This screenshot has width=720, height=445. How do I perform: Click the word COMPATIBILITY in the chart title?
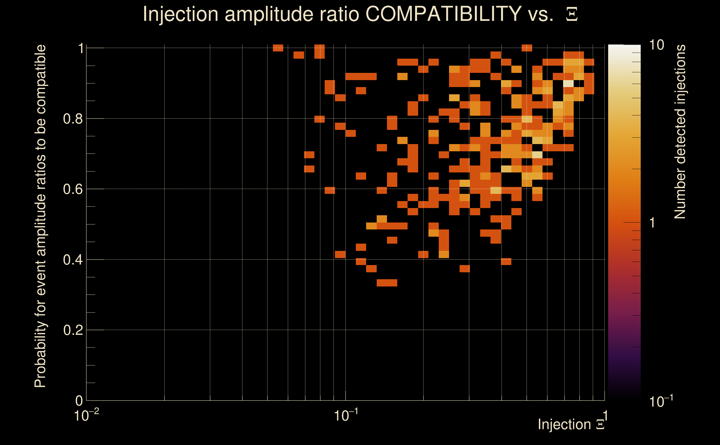point(443,14)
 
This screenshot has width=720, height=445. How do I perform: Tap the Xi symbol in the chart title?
point(572,14)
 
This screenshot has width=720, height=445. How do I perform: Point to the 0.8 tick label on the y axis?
point(72,119)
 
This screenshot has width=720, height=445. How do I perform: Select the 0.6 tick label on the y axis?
point(72,189)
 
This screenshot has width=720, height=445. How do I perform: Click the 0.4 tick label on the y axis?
point(72,260)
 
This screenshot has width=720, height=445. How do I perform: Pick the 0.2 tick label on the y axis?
point(72,330)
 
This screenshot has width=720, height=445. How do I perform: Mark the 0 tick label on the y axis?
point(79,400)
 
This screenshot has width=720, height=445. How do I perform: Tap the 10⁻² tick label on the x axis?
point(86,416)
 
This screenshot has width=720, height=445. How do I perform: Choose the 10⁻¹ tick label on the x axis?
point(346,416)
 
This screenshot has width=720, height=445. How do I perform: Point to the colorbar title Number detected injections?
point(680,132)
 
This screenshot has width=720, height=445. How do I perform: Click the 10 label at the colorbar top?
point(656,45)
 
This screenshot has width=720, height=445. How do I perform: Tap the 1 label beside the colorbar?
point(652,223)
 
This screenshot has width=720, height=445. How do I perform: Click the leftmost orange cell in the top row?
point(278,48)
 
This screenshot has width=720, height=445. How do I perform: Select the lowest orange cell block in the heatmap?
point(387,283)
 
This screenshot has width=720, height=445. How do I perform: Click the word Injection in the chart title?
point(181,14)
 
